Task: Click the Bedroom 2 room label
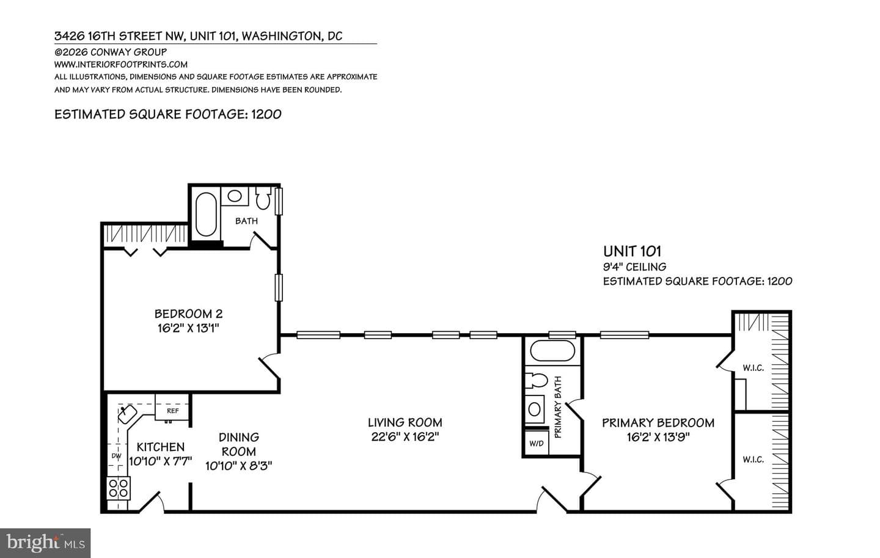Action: click(188, 314)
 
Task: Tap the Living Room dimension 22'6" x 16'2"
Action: click(405, 436)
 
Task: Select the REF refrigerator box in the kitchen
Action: click(172, 407)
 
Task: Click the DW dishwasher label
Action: click(117, 456)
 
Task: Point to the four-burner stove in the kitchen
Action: click(119, 488)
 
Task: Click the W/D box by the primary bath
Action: click(537, 443)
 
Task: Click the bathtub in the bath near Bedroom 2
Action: click(206, 214)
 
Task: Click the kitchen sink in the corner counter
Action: click(127, 414)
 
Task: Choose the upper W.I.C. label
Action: click(753, 368)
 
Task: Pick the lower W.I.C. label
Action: click(753, 460)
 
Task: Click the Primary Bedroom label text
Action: click(658, 423)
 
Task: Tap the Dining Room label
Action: click(239, 444)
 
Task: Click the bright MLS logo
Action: click(45, 543)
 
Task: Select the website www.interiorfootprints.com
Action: click(120, 64)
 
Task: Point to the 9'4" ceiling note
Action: click(634, 267)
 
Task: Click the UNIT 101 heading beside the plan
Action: click(632, 251)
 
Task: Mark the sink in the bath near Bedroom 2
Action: click(235, 196)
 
